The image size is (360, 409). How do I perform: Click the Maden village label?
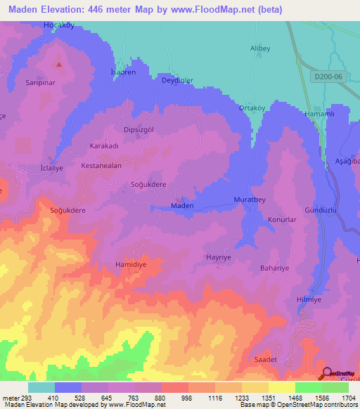point(183,206)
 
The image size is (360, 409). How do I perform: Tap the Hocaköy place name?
point(59,25)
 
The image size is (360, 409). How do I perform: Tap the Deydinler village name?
point(179,80)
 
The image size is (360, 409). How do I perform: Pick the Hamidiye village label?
point(130,265)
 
